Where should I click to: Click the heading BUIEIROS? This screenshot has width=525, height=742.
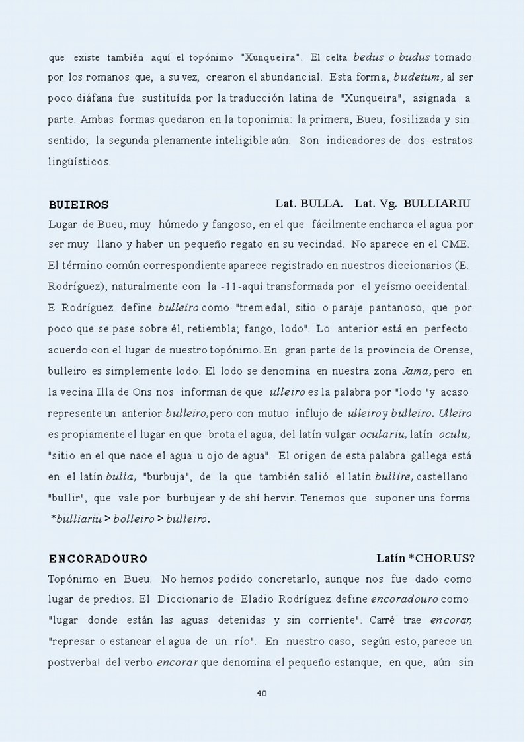click(79, 204)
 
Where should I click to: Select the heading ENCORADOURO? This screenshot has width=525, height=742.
click(98, 558)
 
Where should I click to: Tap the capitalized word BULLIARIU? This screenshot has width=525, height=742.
click(438, 203)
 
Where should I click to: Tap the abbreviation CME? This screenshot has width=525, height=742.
click(456, 244)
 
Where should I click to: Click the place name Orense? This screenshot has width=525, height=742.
click(452, 350)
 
